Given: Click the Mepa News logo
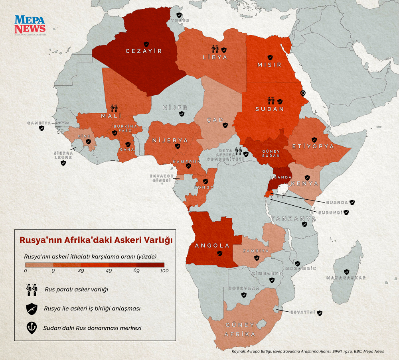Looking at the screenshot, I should [30, 25].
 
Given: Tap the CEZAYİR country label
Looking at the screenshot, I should [144, 51].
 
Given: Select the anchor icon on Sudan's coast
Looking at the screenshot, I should [302, 93].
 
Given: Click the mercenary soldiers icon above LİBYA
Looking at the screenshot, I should [215, 49].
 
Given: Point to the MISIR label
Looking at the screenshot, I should [269, 65].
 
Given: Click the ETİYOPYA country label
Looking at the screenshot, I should [313, 147].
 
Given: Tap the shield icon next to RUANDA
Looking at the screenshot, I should [352, 202].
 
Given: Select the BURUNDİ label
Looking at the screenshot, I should [329, 213].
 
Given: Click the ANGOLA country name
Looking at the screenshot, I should [213, 246].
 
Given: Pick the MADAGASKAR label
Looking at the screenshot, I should [346, 277].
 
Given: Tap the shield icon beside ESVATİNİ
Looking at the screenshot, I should [319, 313].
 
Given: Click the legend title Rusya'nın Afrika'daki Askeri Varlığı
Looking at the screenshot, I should [95, 240].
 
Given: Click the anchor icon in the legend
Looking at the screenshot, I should [32, 327].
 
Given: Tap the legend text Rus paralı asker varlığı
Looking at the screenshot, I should [76, 289].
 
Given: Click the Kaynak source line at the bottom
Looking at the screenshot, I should [308, 352].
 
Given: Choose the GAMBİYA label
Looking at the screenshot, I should [39, 123].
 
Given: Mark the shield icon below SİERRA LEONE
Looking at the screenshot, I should [63, 163].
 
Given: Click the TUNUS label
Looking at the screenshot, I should [180, 20].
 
